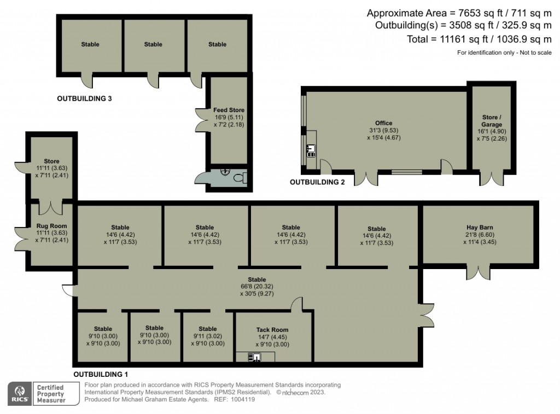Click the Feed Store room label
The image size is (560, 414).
229,110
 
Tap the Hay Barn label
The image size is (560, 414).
480,227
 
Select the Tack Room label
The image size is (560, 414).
272,330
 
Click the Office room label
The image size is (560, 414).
383,123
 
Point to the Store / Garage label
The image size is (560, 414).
492,121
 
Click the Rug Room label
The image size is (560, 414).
51,226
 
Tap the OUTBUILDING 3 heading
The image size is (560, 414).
84,98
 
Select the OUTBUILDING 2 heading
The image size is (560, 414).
317,182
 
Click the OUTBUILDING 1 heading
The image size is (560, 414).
101,375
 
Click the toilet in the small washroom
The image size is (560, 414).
241,178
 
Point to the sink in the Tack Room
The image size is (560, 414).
255,357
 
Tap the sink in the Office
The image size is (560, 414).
311,150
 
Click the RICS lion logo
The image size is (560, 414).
20,393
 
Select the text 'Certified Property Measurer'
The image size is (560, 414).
50,394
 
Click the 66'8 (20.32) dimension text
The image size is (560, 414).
257,287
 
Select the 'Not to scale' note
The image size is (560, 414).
535,53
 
